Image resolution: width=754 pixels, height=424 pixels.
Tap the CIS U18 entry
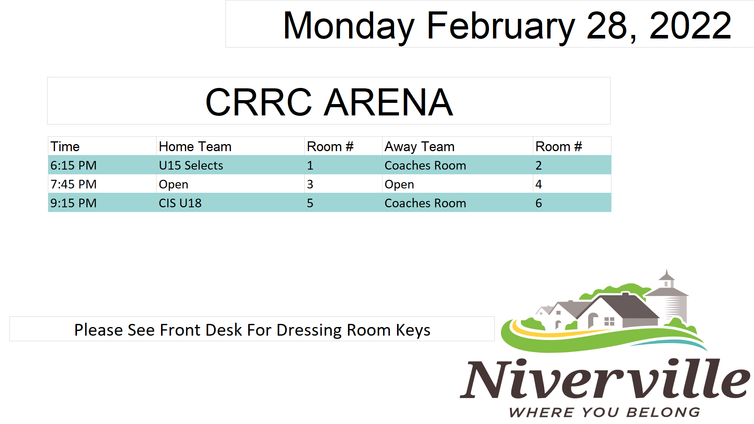point(180,203)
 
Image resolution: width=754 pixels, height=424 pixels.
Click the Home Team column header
point(195,146)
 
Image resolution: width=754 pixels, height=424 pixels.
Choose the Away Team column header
point(419,147)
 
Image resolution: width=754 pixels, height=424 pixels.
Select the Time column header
point(65,146)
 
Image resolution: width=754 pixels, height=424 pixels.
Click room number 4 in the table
point(538,184)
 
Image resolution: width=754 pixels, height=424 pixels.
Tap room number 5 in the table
point(310,203)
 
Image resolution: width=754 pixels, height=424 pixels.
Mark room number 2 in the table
point(538,165)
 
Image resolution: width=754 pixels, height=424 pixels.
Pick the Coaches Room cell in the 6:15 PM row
point(425,165)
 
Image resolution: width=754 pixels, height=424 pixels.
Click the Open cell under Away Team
point(399,185)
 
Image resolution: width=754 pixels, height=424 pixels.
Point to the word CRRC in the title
point(258,102)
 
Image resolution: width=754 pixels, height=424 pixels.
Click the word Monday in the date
point(349,27)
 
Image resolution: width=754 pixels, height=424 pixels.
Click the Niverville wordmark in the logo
point(605,378)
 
